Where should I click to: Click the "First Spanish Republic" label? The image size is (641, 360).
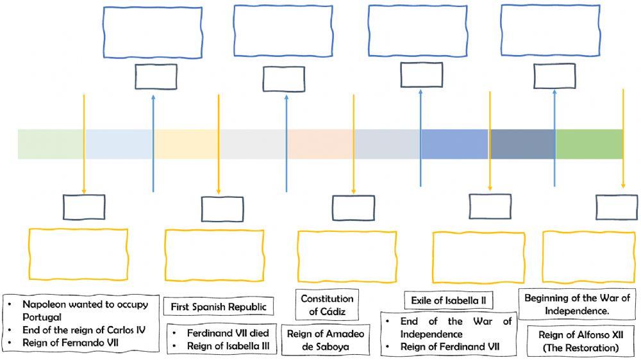(218, 307)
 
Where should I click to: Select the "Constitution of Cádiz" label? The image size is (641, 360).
(327, 305)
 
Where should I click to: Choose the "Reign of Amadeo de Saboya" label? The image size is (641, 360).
(326, 341)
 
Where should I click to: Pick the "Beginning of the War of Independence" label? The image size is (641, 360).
(576, 304)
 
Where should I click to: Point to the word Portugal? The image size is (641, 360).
(42, 317)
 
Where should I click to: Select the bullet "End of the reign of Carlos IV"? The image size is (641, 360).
(84, 330)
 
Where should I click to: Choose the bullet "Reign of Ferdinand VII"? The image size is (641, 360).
(449, 347)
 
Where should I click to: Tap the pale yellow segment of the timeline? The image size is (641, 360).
(186, 144)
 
